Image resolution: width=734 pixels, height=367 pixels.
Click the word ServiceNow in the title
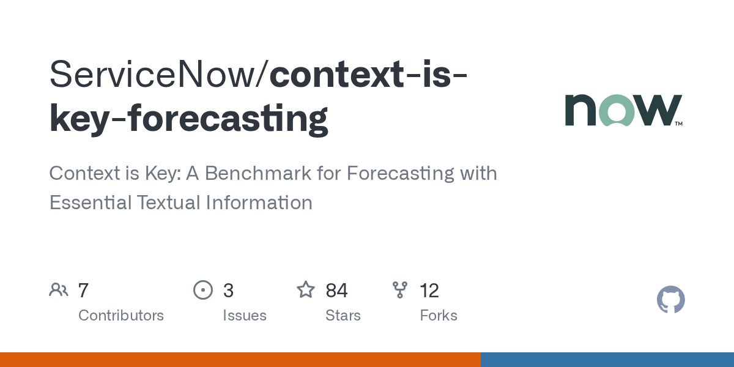pos(158,75)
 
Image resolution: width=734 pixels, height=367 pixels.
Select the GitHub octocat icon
pos(670,300)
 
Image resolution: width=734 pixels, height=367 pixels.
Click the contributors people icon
pos(59,290)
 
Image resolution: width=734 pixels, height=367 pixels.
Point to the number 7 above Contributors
pos(84,291)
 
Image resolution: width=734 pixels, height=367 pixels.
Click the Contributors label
pos(121,316)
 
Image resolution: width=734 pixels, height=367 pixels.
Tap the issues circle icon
pos(203,290)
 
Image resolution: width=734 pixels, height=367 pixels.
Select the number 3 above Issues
pos(228,291)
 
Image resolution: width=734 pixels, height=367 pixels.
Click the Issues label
pos(245,316)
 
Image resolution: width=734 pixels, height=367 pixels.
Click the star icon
pos(306,290)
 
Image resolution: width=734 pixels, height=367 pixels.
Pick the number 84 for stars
pos(336,291)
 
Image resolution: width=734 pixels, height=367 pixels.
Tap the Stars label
pos(343,316)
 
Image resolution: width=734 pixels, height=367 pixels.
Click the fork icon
pos(400,290)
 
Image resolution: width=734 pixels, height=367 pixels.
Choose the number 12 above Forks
pos(429,291)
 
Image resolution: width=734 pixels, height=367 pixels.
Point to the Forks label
pos(439,316)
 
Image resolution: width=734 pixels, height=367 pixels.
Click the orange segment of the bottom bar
pos(240,360)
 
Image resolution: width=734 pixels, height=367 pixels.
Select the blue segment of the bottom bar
pos(607,360)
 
